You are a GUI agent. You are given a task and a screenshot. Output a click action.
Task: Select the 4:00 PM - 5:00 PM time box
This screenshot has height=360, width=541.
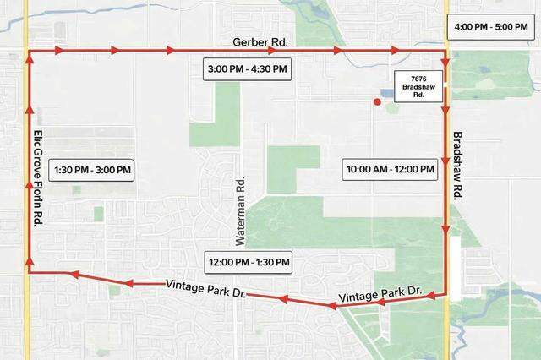pos(491,27)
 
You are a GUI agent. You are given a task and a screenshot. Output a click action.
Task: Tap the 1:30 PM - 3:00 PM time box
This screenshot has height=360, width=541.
pos(92,170)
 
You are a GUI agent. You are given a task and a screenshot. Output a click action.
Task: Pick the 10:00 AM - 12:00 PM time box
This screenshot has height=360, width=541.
pos(390,170)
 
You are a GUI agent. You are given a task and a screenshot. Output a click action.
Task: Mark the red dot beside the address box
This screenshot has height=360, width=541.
pos(377,101)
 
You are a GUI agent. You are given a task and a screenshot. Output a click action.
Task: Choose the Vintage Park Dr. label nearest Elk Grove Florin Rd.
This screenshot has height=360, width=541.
pos(207,284)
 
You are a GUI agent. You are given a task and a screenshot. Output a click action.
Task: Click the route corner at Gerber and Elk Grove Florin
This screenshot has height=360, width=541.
pos(29,51)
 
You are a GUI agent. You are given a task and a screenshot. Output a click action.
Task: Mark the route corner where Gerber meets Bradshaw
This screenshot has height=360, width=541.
pos(445,51)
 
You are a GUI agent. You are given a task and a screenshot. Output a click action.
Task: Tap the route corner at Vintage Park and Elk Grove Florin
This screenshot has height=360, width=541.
pos(29,272)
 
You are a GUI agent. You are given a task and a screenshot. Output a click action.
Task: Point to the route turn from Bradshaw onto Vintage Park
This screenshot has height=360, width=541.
pos(445,293)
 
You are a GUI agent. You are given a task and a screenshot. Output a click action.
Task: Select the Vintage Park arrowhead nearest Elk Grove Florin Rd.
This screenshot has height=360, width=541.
pos(74,275)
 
